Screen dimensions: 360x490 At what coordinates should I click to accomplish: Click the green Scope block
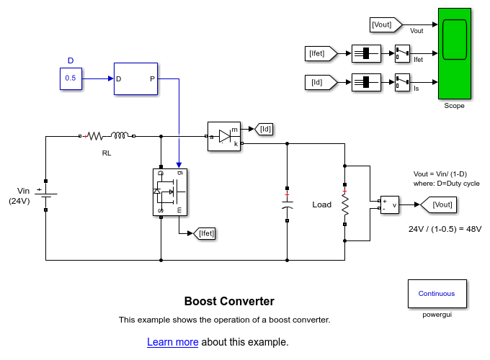454,53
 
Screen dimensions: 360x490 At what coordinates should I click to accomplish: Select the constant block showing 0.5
71,78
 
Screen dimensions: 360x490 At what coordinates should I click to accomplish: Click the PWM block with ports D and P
135,78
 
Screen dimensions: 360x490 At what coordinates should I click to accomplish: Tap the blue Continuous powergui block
436,294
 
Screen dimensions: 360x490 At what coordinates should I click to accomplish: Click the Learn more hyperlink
172,342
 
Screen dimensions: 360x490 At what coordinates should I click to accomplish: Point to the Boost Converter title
229,302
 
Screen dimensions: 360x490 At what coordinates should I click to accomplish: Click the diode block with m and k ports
223,136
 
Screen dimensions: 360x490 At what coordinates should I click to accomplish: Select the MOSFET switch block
169,192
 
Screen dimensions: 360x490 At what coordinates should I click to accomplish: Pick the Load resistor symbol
345,204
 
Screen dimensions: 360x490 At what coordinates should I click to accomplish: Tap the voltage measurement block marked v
389,204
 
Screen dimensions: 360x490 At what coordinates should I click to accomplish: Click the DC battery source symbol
46,195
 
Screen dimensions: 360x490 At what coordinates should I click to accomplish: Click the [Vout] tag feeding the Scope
382,25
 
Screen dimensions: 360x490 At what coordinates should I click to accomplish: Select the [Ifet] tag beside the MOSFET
205,233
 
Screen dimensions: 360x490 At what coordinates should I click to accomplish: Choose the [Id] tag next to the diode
265,129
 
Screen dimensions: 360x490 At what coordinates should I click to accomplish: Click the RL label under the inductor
107,153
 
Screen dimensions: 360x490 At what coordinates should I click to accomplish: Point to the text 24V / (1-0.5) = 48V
445,229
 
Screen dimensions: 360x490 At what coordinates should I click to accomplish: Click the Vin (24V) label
19,196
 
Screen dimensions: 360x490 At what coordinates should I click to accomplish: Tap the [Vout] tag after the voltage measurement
437,204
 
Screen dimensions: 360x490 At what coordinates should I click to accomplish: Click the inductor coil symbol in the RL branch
120,134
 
